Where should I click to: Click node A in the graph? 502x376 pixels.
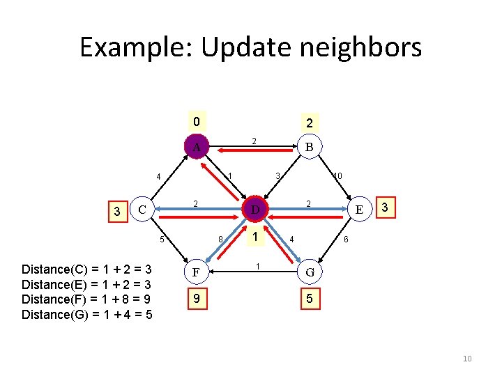pyautogui.click(x=197, y=147)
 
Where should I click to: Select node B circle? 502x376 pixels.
pyautogui.click(x=307, y=147)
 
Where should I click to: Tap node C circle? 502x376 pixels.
pyautogui.click(x=142, y=209)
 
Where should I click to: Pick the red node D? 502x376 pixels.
pyautogui.click(x=255, y=209)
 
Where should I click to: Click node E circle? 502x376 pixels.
pyautogui.click(x=359, y=209)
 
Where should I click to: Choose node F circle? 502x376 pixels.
pyautogui.click(x=197, y=271)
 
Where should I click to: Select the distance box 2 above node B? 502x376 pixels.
pyautogui.click(x=307, y=123)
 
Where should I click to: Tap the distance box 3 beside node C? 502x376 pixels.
pyautogui.click(x=117, y=210)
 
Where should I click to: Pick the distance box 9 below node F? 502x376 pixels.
pyautogui.click(x=197, y=299)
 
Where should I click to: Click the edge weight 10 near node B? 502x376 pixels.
pyautogui.click(x=337, y=176)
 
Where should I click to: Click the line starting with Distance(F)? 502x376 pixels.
pyautogui.click(x=87, y=299)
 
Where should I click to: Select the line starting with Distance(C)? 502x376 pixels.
pyautogui.click(x=87, y=269)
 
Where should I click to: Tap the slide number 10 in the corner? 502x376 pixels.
pyautogui.click(x=467, y=359)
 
